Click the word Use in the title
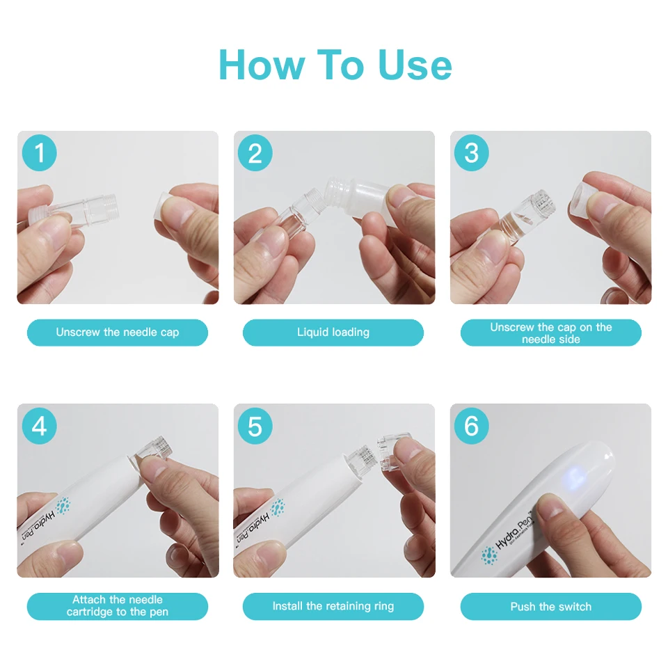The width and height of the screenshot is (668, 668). click(x=415, y=65)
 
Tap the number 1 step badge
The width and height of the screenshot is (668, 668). click(x=39, y=153)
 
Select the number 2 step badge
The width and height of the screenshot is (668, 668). click(x=255, y=153)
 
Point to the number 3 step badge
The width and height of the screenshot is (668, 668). click(x=471, y=153)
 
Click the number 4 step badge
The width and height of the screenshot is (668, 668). click(x=39, y=426)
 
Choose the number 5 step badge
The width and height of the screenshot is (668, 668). click(x=255, y=426)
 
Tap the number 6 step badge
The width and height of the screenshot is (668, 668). click(x=471, y=426)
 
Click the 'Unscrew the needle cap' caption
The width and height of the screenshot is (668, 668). click(x=118, y=333)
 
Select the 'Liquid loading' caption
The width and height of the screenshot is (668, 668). click(x=333, y=333)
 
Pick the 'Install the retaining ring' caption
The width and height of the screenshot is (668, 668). click(x=333, y=606)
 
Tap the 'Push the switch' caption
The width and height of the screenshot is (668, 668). click(x=551, y=606)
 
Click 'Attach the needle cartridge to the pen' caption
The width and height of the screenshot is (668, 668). click(x=118, y=606)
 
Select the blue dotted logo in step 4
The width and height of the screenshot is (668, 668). click(x=63, y=506)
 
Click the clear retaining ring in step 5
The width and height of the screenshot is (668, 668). click(x=393, y=452)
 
